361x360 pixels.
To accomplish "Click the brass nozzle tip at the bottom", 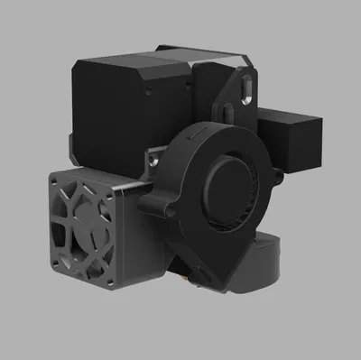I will pos(186,281).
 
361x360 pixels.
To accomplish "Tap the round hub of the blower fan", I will pos(222,187).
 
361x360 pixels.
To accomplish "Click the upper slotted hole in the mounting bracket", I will pos(244,87).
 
